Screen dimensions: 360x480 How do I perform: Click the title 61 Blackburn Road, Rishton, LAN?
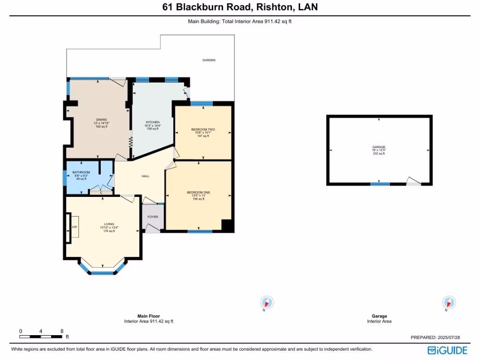(x=240, y=7)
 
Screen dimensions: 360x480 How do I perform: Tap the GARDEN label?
(x=209, y=60)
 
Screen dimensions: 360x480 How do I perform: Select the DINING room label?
(x=101, y=120)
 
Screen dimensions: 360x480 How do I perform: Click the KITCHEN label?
(x=152, y=122)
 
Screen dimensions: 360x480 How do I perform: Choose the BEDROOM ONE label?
(x=198, y=193)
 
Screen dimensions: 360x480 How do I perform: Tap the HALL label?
(x=145, y=176)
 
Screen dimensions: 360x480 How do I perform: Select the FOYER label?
(x=153, y=217)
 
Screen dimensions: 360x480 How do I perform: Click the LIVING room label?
(x=109, y=224)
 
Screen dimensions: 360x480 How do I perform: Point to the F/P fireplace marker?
(x=74, y=227)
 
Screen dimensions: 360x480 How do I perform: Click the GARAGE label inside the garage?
(x=379, y=147)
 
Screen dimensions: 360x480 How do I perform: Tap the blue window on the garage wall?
(x=380, y=184)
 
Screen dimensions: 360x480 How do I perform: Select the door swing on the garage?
(x=413, y=182)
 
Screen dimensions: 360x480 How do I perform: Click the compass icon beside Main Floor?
(x=267, y=302)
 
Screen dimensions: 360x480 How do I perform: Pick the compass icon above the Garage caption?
(x=449, y=302)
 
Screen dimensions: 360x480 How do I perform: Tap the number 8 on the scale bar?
(x=62, y=331)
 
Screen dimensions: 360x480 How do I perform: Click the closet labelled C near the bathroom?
(x=101, y=193)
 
